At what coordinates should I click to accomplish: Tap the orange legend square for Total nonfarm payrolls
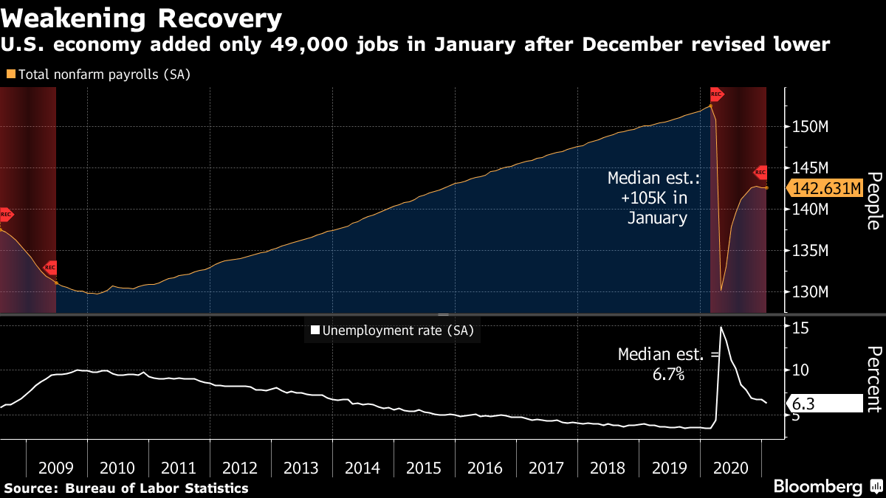10,75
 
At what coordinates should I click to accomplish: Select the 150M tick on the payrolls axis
811,127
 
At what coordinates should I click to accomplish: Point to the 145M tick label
811,168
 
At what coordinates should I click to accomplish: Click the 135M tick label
811,251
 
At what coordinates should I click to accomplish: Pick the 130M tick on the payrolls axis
811,292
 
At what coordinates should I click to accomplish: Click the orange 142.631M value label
825,188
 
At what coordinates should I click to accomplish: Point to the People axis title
873,201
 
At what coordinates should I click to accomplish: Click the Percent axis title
873,378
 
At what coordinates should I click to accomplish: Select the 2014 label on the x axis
363,468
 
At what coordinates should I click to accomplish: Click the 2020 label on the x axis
730,468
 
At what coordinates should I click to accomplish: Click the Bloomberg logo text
817,487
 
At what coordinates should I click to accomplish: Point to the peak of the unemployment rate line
721,327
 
